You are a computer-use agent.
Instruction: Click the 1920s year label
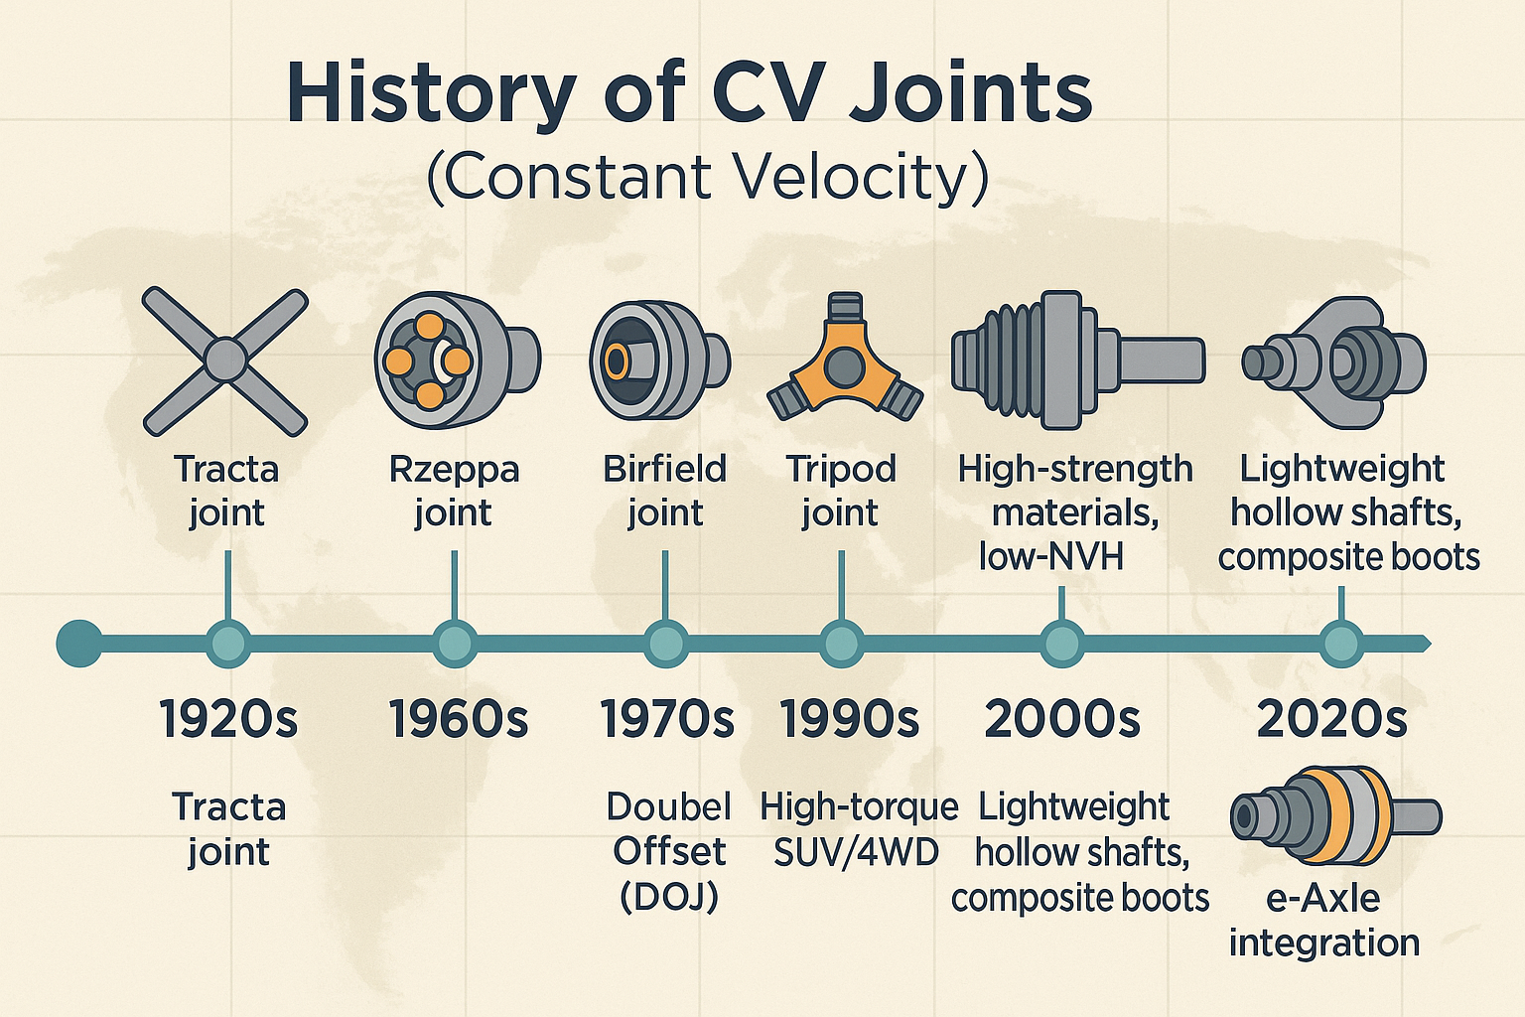pos(228,719)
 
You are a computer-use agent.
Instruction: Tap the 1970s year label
pos(667,719)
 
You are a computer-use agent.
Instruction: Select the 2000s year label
pos(1062,719)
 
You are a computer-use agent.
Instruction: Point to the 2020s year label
pos(1332,719)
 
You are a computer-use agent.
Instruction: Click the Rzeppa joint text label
pos(454,491)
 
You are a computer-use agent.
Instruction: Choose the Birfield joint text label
pos(665,491)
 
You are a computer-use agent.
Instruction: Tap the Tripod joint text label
pos(841,491)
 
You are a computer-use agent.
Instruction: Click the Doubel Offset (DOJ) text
pos(668,851)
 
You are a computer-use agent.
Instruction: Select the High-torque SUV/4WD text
pos(859,829)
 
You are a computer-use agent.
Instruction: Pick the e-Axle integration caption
pos(1324,920)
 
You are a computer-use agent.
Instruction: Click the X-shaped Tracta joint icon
pos(225,361)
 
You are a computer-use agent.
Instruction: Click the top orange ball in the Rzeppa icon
pos(429,326)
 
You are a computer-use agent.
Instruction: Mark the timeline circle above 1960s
pos(456,644)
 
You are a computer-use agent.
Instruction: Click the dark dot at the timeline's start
pos(79,644)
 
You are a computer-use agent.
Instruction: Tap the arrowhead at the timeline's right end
pos(1426,644)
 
